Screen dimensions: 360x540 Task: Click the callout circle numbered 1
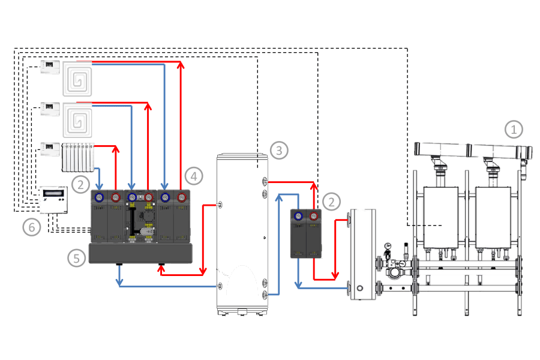pos(514,129)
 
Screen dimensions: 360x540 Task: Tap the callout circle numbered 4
pos(192,176)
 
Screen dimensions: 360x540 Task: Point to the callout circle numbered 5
pos(76,259)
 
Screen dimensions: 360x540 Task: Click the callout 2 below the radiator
pos(81,182)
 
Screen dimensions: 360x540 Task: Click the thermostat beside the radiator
pos(50,149)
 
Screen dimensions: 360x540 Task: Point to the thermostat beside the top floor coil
pos(50,66)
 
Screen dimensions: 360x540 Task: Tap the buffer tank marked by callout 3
pos(242,234)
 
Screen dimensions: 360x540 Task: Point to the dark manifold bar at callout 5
pos(140,253)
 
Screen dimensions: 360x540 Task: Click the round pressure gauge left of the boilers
pos(389,245)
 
